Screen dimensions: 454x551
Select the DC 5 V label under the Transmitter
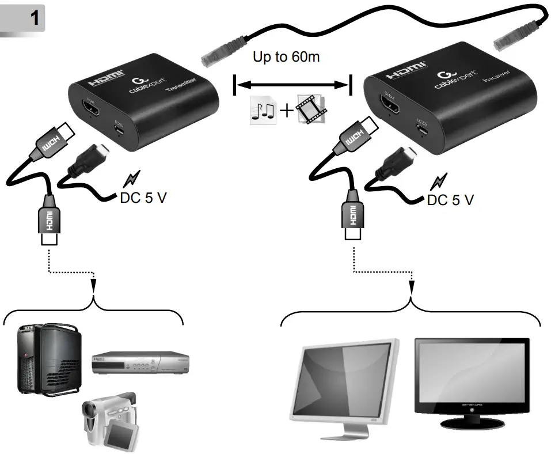coord(143,198)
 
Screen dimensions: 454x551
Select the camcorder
coord(109,419)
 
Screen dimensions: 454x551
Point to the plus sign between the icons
coord(286,109)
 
